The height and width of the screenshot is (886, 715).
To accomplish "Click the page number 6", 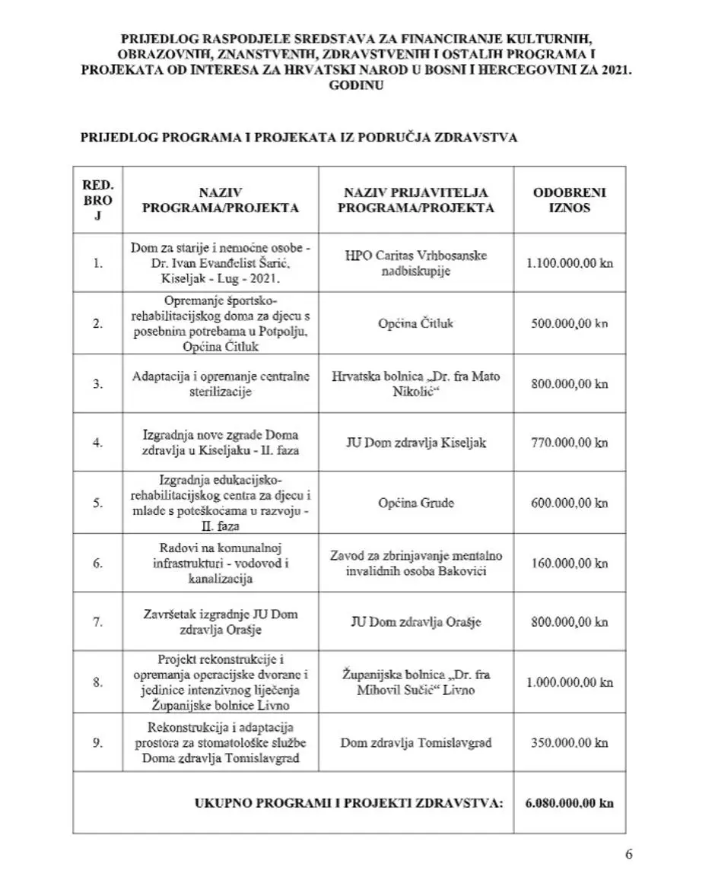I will [629, 853].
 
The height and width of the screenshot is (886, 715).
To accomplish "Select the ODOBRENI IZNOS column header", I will [569, 200].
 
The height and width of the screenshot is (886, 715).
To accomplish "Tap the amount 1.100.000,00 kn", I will [569, 263].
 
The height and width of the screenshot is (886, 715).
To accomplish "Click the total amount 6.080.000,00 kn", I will [569, 803].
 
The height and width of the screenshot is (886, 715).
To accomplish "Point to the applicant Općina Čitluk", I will [415, 323].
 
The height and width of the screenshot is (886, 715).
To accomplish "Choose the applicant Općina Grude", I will [415, 503].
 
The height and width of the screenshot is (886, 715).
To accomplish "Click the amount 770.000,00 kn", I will [569, 443].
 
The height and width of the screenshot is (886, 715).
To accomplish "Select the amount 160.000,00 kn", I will [569, 564].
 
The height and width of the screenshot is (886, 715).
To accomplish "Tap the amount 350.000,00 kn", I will [569, 742].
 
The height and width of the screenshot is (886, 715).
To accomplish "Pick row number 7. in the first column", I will [97, 622].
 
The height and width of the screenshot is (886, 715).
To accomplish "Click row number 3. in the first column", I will [97, 383].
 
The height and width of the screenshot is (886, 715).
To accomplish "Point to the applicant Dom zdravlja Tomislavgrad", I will [415, 742].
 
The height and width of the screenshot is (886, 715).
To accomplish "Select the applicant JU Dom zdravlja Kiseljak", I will [415, 443].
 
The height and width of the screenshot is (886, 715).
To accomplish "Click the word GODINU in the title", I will [356, 85].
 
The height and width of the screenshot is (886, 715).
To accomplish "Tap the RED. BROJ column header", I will [97, 200].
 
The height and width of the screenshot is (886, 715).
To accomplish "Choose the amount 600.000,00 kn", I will [569, 503].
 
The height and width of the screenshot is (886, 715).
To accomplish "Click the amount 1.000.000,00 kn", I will [569, 682].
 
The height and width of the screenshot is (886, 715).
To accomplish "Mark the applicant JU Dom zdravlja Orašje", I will [415, 622].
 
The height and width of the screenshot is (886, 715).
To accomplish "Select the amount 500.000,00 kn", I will [569, 323].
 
